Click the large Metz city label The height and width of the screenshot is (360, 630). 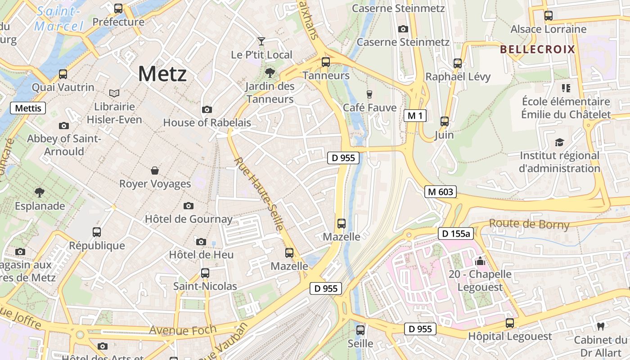point(162,73)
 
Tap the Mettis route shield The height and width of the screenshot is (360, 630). point(28,108)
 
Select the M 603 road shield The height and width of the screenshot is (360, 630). point(440,192)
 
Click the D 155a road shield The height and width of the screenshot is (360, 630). point(456,233)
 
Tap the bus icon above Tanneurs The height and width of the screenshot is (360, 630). point(326,62)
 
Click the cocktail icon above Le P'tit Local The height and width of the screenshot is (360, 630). point(261,41)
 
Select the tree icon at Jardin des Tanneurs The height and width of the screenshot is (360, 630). point(270,72)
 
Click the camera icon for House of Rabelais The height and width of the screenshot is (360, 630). point(207,109)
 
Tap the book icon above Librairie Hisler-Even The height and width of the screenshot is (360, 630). point(114,93)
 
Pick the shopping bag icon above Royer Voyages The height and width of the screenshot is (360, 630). point(155,171)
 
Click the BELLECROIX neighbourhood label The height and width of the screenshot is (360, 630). point(538,49)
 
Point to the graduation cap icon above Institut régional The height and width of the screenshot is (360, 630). point(559,142)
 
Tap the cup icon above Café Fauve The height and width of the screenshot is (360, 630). point(369,94)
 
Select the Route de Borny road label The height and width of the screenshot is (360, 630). point(529,224)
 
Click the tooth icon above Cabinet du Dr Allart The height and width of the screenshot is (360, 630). point(600,326)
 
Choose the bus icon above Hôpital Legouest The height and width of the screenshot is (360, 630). point(509,323)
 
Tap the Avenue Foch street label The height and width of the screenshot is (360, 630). point(182,330)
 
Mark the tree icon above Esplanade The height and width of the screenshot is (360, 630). point(40,193)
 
